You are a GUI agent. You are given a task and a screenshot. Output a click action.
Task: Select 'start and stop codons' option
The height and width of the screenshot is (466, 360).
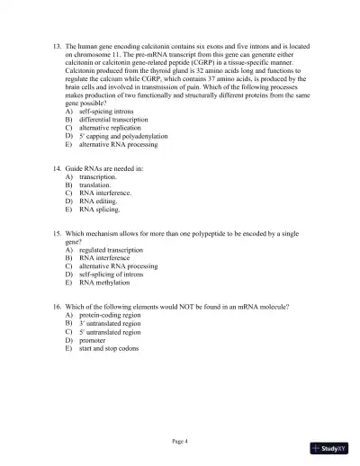(x=109, y=349)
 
